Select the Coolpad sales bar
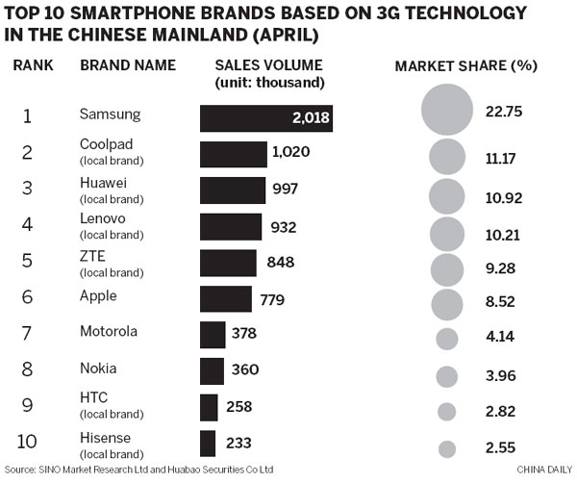(x=233, y=154)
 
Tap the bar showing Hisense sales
(x=207, y=444)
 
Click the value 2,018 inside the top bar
(x=308, y=117)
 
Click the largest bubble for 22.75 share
(x=447, y=111)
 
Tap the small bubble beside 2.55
(x=446, y=448)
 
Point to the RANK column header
(x=34, y=65)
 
